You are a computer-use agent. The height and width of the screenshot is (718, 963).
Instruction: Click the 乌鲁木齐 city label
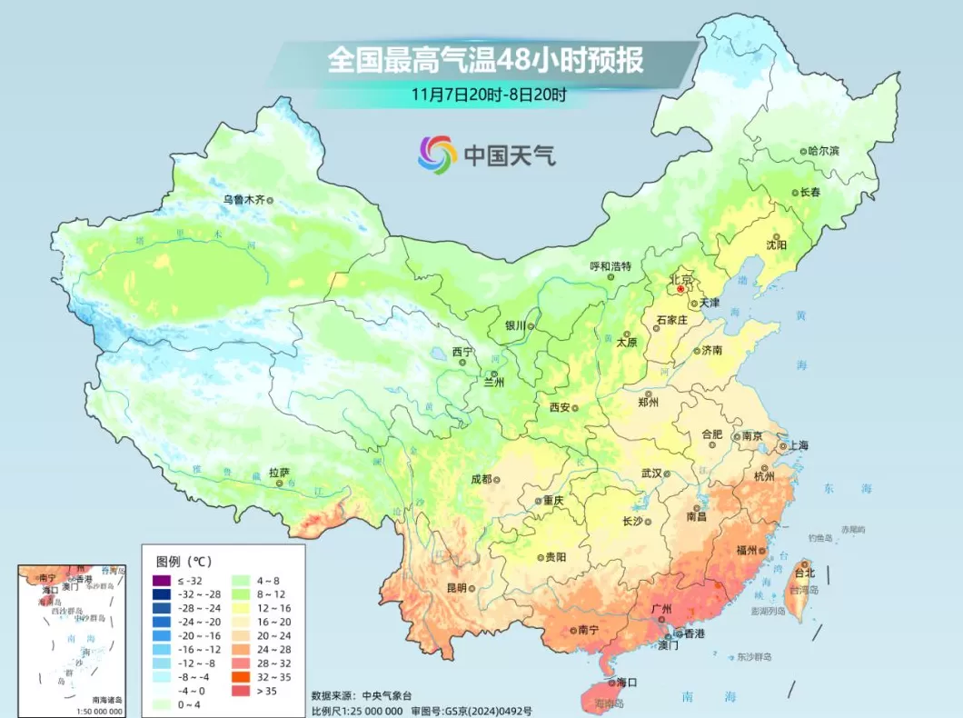[x=241, y=198]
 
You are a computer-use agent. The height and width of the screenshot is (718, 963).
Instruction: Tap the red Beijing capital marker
[x=680, y=289]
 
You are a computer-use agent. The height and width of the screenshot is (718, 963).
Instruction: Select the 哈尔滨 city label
[x=823, y=151]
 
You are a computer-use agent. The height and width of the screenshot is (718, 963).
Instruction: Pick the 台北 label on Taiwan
[x=805, y=573]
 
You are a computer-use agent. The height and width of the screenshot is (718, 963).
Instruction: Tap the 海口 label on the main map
[x=626, y=681]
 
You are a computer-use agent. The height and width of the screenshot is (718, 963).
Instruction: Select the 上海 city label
[x=798, y=445]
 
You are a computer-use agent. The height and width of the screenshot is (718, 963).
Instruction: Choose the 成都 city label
[x=481, y=479]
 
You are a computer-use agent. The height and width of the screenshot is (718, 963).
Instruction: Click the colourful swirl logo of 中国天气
[x=437, y=155]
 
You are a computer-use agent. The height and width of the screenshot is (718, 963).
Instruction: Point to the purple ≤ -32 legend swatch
[x=162, y=581]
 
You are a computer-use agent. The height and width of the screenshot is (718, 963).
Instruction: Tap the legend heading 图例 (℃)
[x=184, y=561]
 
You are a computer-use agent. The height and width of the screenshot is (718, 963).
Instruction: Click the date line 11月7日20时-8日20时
[x=488, y=94]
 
